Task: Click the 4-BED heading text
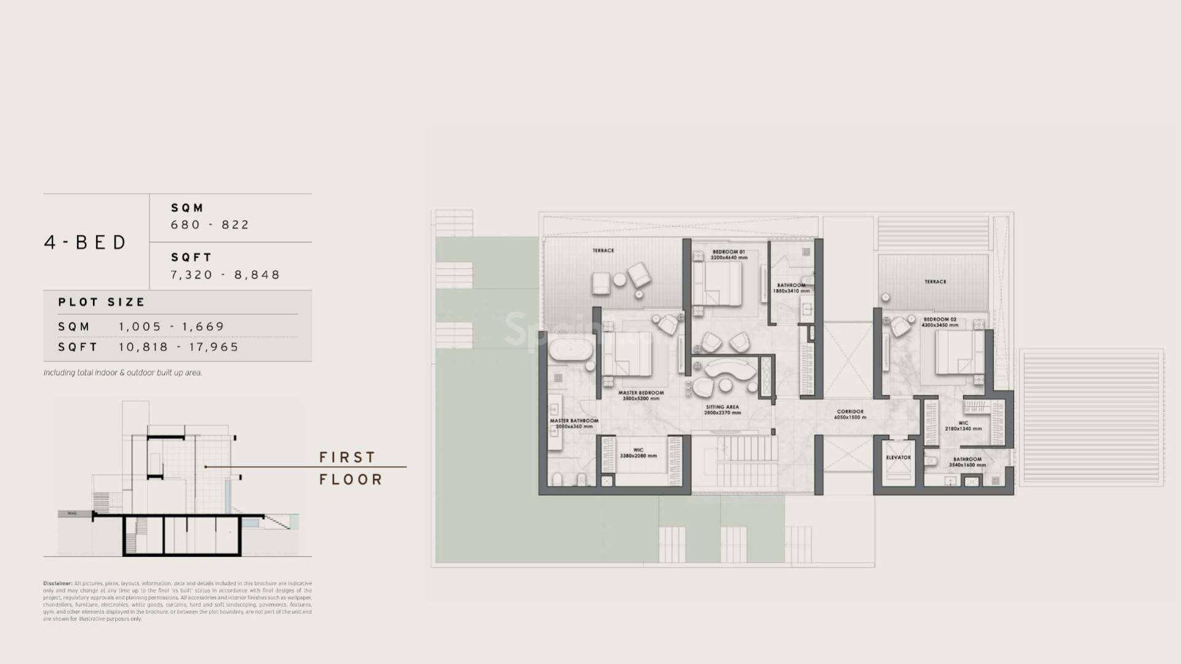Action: tap(85, 242)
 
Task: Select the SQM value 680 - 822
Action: tap(210, 225)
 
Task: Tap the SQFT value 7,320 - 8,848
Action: tap(225, 275)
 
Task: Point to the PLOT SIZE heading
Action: tap(101, 302)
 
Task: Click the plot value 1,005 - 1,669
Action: tap(172, 327)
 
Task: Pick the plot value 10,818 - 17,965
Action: tap(178, 347)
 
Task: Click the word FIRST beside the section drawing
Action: tap(347, 457)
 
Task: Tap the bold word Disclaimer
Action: tap(58, 583)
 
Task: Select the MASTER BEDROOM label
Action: tap(641, 393)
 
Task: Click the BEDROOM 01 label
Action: tap(729, 252)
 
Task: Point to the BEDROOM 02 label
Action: tap(940, 320)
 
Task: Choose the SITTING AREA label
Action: tap(722, 407)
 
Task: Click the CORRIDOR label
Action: tap(850, 412)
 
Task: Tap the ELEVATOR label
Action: tap(898, 457)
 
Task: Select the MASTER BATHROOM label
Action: tap(574, 421)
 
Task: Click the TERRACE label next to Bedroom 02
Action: tap(935, 282)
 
